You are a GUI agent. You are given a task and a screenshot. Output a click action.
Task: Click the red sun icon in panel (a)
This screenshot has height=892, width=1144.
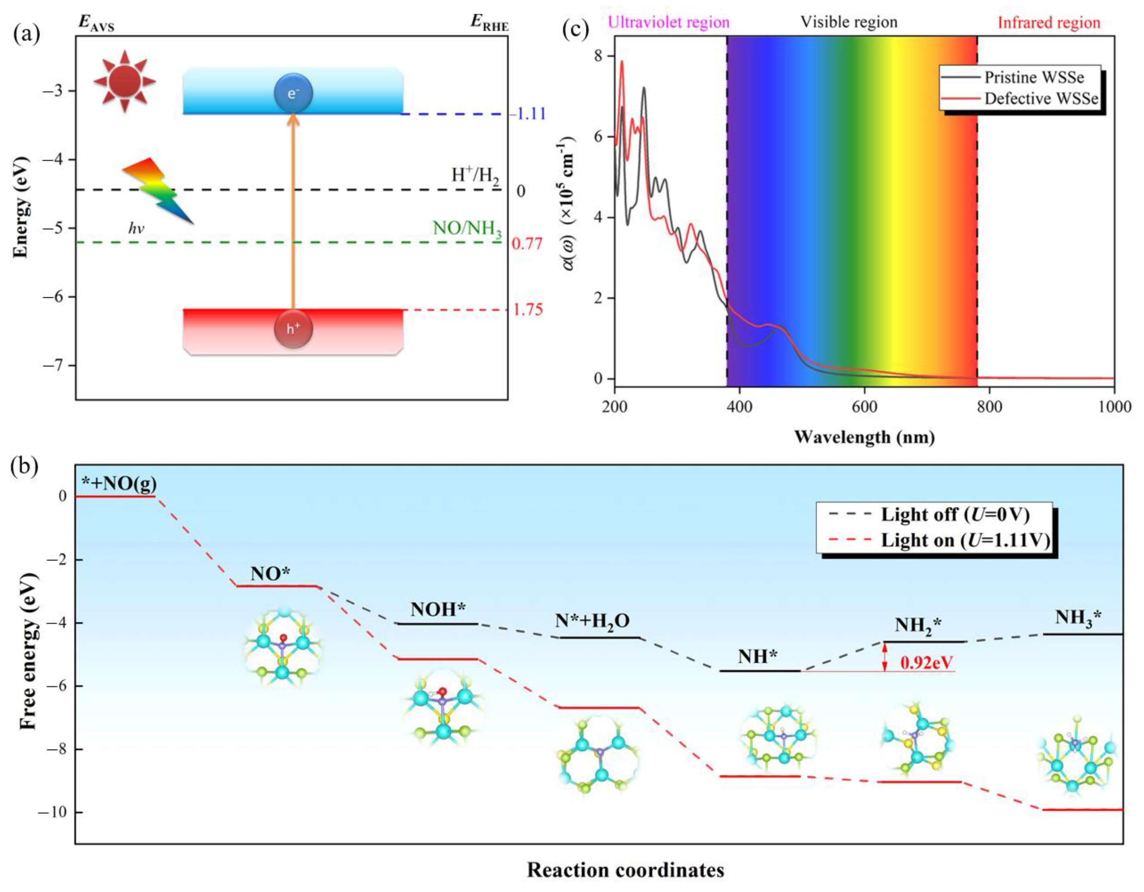[x=125, y=81]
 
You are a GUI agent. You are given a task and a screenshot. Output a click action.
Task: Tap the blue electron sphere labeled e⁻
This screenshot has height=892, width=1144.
[x=293, y=94]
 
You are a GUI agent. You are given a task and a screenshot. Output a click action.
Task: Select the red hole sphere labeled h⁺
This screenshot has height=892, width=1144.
[x=293, y=329]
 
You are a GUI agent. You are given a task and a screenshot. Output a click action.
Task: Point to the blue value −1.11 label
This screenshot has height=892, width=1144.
[x=528, y=114]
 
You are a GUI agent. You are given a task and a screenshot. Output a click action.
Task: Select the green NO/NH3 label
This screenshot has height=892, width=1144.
[x=467, y=228]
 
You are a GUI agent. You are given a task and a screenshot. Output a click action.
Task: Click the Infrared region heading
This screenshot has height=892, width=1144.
[x=1049, y=23]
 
